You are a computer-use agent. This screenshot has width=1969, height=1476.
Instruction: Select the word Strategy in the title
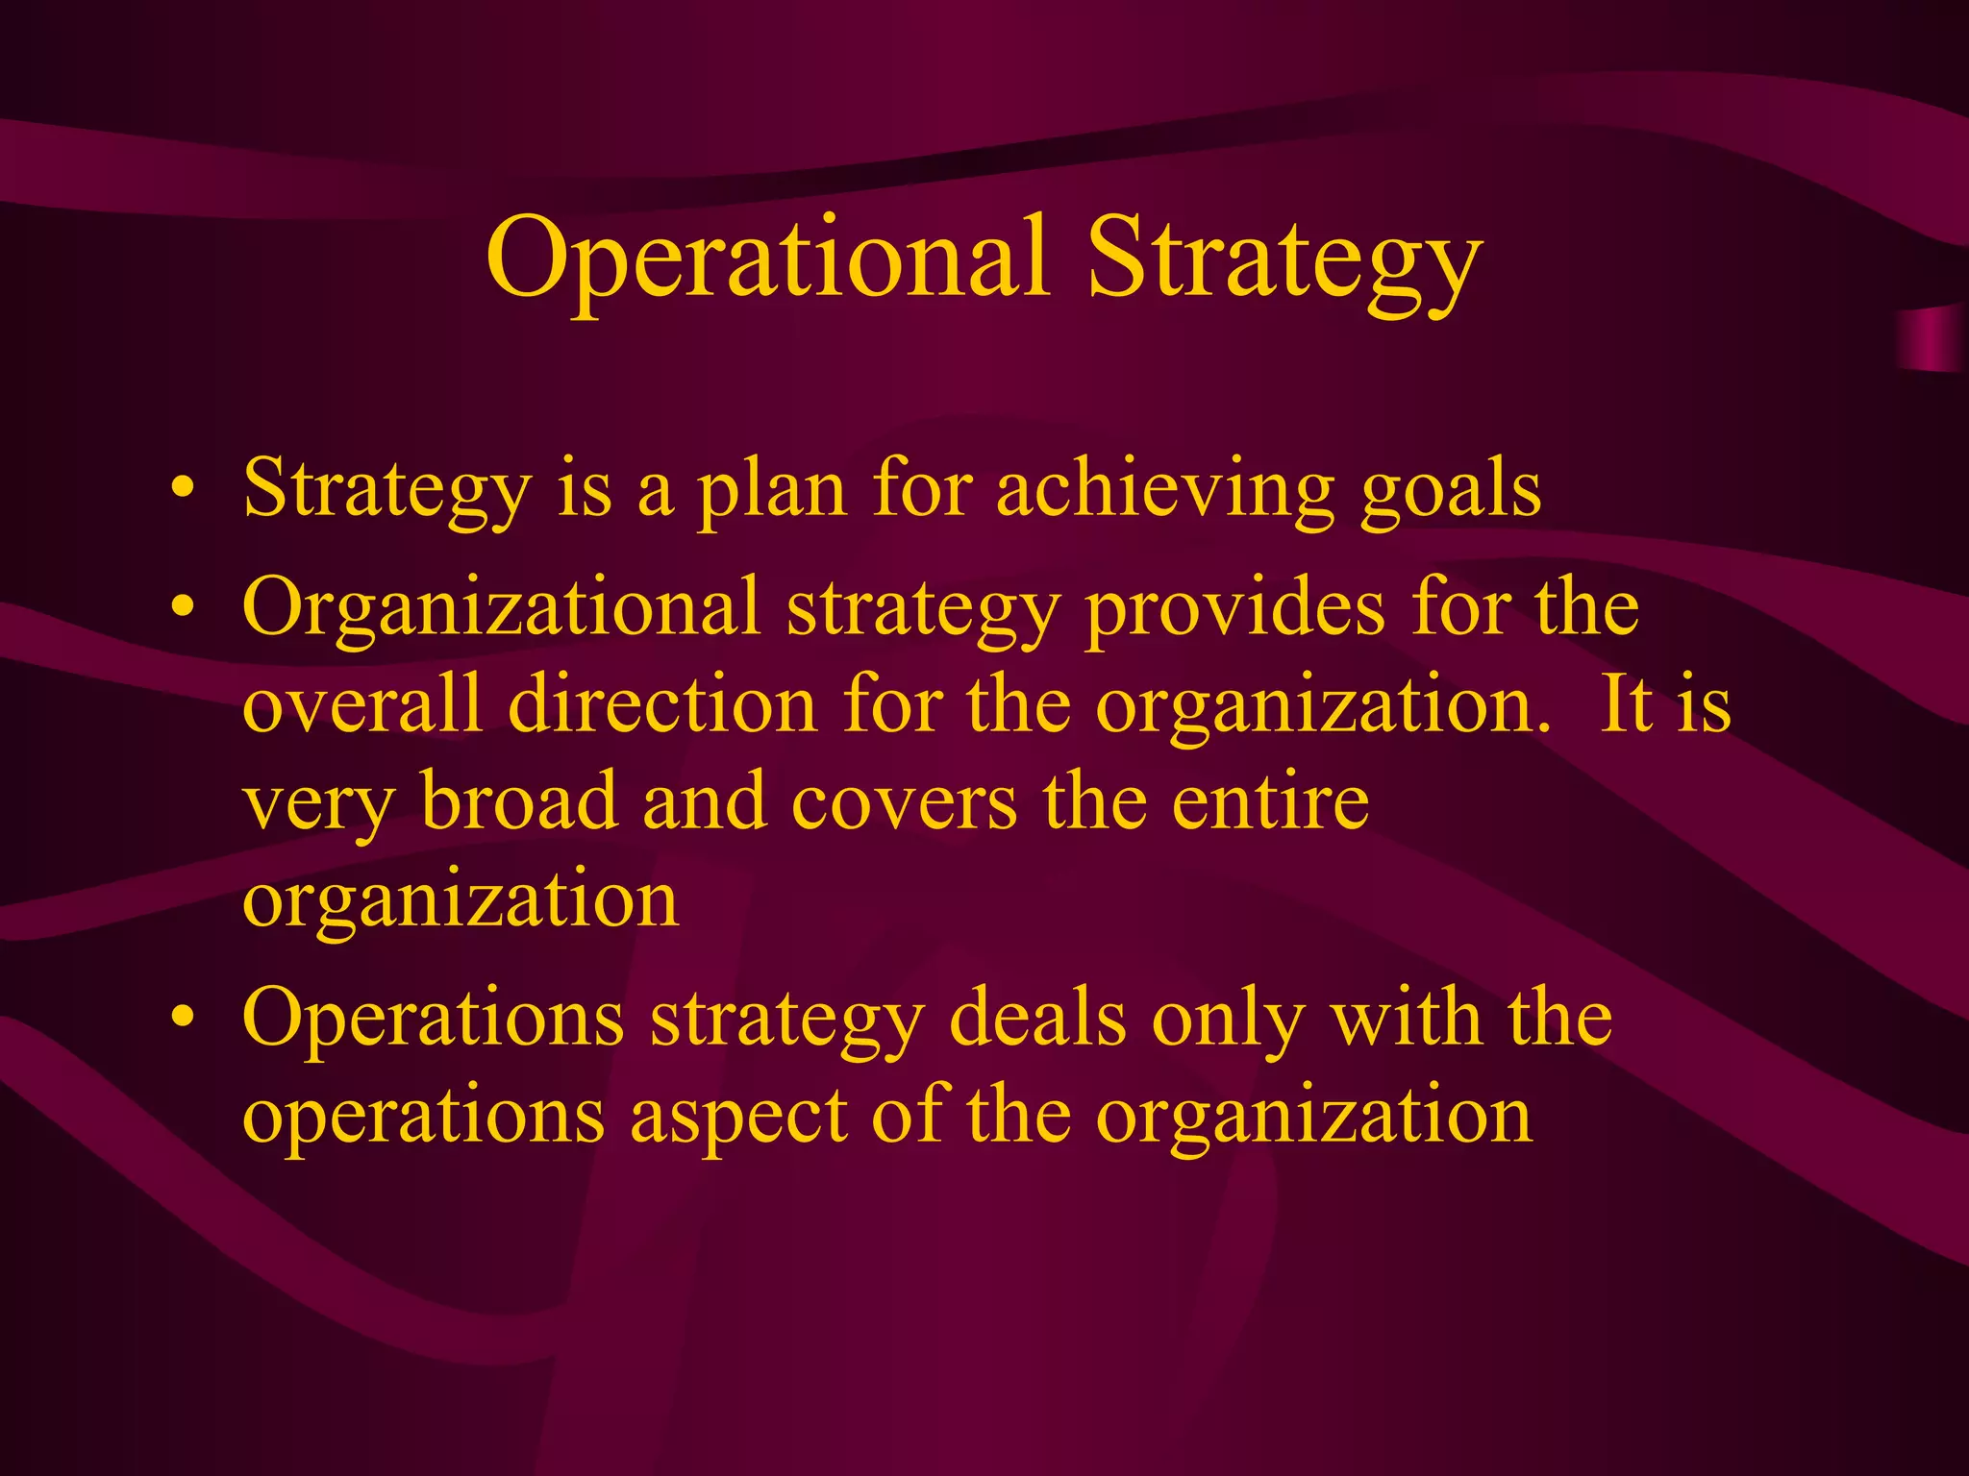tap(1284, 258)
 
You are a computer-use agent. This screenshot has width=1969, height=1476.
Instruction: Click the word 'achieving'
tap(1164, 492)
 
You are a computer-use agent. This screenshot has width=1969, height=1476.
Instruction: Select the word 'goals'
tap(1451, 492)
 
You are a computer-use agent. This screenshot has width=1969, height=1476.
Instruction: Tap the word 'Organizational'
tap(501, 608)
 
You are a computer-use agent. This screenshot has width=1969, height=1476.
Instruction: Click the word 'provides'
tap(1234, 608)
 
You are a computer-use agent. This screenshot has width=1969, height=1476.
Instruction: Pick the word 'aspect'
tap(738, 1119)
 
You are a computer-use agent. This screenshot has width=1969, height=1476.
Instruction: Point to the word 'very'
tap(318, 805)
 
